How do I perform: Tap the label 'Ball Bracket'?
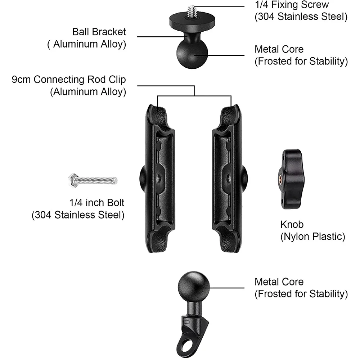99,32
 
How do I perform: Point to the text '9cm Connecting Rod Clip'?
69,80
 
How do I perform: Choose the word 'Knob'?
292,224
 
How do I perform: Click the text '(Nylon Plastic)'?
312,237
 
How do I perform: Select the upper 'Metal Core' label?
279,49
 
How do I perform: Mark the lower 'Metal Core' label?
279,282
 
